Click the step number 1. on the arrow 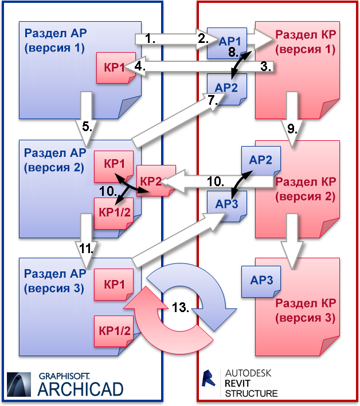pyautogui.click(x=150, y=39)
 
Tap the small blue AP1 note pyautogui.click(x=227, y=43)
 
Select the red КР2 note pyautogui.click(x=156, y=180)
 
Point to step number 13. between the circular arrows pyautogui.click(x=181, y=308)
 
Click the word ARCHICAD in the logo pyautogui.click(x=81, y=389)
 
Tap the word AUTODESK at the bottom pyautogui.click(x=248, y=373)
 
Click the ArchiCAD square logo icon pyautogui.click(x=19, y=384)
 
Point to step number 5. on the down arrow pyautogui.click(x=87, y=127)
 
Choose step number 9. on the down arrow pyautogui.click(x=292, y=129)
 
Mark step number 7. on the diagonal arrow pyautogui.click(x=213, y=100)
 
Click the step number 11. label pyautogui.click(x=87, y=249)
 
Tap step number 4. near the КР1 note pyautogui.click(x=140, y=66)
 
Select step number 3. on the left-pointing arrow pyautogui.click(x=266, y=66)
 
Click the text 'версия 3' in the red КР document pyautogui.click(x=306, y=318)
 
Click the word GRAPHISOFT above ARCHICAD pyautogui.click(x=64, y=376)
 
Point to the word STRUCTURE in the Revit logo pyautogui.click(x=251, y=393)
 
